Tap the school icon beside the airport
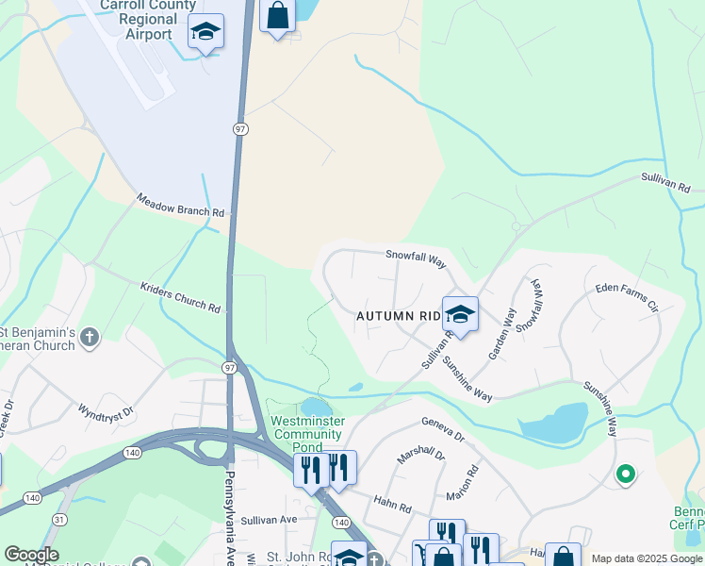[x=205, y=32]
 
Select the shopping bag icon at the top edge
[x=277, y=16]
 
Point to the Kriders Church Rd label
[x=180, y=296]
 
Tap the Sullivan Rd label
[x=665, y=183]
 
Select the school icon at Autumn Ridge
[x=460, y=314]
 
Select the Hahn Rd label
[x=392, y=507]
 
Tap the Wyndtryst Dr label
[x=107, y=413]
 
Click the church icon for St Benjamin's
[x=90, y=338]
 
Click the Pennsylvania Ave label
[x=229, y=515]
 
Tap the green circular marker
[x=624, y=474]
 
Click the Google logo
[x=31, y=555]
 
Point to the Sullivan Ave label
[x=269, y=519]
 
